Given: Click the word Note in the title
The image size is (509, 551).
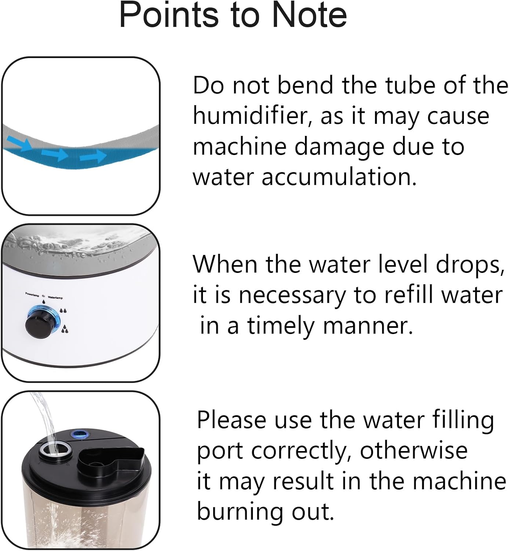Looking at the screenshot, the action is click(x=309, y=15).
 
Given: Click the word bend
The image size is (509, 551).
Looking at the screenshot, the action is click(x=305, y=86).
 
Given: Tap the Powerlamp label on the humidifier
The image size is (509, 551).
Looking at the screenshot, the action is click(x=32, y=294).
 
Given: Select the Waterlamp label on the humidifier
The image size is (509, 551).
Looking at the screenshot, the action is click(x=55, y=298).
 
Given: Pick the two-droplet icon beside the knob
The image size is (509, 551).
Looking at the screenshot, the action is click(x=63, y=310).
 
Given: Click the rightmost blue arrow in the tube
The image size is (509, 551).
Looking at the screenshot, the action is click(x=93, y=156).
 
